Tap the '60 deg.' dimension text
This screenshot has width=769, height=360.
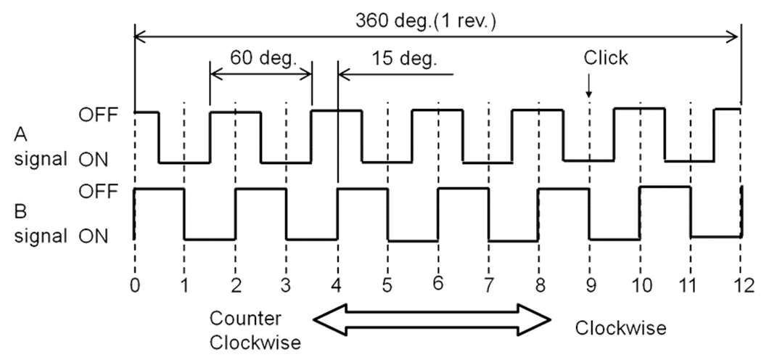click(x=261, y=57)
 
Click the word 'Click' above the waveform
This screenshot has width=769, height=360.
click(x=605, y=58)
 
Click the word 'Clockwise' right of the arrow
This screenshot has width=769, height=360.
click(x=620, y=328)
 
